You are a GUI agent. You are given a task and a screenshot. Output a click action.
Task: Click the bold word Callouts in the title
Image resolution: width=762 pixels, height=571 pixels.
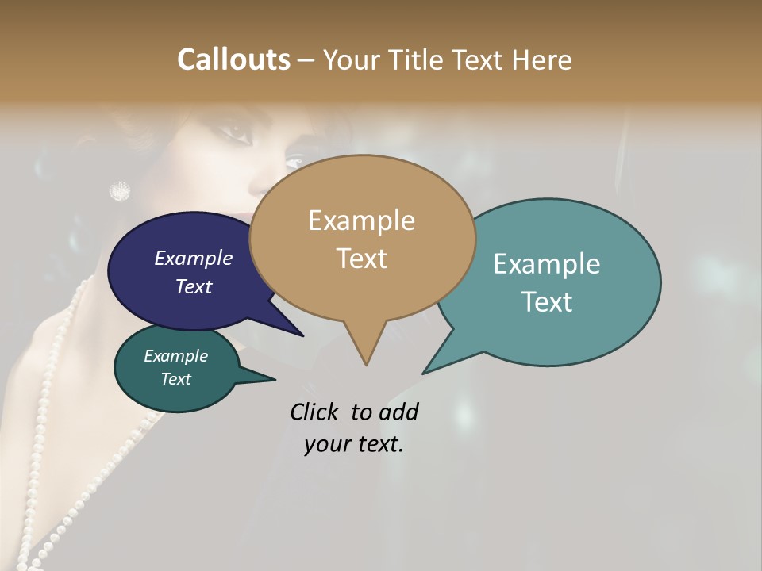pos(233,59)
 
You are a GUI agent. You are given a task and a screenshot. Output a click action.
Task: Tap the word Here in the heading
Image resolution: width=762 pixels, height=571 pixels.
pos(541,59)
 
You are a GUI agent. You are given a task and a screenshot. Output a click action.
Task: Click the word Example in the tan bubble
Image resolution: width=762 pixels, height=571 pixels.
pos(361,220)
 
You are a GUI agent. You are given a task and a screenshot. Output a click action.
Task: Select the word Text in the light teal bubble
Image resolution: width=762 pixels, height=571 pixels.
pos(547,301)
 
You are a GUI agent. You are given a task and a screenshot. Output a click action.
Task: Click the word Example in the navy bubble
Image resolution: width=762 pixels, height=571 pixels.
pos(193,258)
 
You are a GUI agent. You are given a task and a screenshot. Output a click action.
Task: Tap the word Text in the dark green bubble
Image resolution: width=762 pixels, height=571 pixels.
pos(175,379)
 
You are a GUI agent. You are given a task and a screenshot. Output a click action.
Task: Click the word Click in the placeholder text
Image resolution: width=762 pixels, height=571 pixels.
pos(315,412)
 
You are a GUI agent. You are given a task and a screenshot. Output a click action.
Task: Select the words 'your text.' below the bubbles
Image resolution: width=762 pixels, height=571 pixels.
pos(353,444)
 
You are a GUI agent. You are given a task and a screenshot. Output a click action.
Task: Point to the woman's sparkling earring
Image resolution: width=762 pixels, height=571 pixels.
pos(119,190)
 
